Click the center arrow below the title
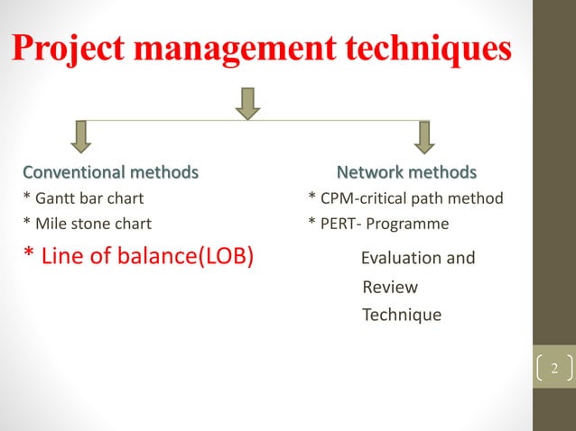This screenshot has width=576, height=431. (247, 102)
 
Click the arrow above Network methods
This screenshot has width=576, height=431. (424, 136)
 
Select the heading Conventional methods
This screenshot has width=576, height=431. (110, 171)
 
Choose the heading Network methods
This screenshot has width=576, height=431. (406, 171)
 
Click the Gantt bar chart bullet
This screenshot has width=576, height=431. (83, 197)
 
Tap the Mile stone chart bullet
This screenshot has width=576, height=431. (87, 223)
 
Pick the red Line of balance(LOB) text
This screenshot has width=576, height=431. (138, 257)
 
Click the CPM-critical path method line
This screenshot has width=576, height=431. (405, 197)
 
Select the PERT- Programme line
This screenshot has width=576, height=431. (378, 223)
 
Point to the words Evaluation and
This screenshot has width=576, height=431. (417, 259)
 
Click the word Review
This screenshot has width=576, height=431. (389, 287)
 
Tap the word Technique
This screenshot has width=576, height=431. (401, 315)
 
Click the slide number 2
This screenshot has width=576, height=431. (554, 370)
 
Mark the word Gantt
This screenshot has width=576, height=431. (54, 197)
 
